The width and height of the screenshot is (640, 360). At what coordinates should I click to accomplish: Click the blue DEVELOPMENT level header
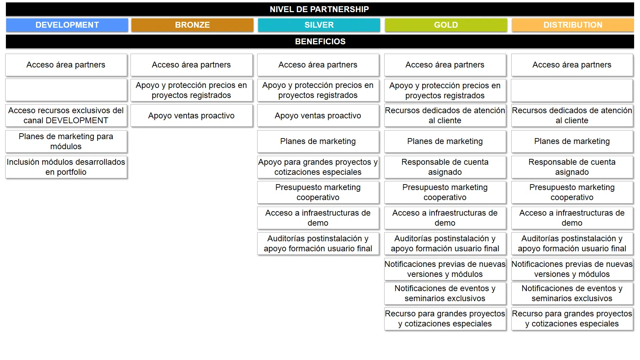click(x=67, y=25)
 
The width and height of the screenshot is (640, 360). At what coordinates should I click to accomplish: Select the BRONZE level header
click(x=192, y=25)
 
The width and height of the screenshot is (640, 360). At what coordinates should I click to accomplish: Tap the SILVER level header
click(x=319, y=25)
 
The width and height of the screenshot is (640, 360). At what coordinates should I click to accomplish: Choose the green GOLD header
click(x=446, y=25)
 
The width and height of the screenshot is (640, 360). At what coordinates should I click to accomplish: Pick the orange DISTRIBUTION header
click(x=573, y=25)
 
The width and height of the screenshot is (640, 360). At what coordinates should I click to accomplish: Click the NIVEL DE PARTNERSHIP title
click(x=319, y=9)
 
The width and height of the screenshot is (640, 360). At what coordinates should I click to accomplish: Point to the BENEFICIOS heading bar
click(x=320, y=42)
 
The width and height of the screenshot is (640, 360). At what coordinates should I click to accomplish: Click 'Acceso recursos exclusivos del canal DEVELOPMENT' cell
click(x=66, y=115)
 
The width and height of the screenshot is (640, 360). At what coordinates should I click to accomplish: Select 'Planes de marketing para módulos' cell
click(x=66, y=141)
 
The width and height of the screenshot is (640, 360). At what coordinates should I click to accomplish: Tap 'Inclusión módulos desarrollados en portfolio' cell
click(x=66, y=167)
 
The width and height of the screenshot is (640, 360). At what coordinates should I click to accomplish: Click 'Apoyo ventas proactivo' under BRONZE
click(x=191, y=115)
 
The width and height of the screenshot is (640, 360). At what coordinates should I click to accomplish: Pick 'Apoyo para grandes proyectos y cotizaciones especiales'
click(x=318, y=167)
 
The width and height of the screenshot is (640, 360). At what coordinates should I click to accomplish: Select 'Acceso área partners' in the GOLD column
click(x=445, y=65)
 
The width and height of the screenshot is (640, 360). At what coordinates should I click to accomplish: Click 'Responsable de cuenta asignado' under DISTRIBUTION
click(x=572, y=167)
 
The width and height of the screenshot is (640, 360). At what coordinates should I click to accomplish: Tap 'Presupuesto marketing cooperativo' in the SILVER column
click(x=318, y=192)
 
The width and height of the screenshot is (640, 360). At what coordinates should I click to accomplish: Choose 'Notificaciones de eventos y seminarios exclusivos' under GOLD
click(x=445, y=293)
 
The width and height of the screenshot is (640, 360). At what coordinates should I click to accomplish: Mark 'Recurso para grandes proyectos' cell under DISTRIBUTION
click(x=572, y=318)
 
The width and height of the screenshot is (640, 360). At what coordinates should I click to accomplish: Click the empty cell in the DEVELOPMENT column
click(x=66, y=90)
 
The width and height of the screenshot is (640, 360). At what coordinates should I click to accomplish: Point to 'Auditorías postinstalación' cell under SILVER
click(x=318, y=243)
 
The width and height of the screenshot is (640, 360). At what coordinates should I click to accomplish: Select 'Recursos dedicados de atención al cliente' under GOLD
click(x=445, y=115)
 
